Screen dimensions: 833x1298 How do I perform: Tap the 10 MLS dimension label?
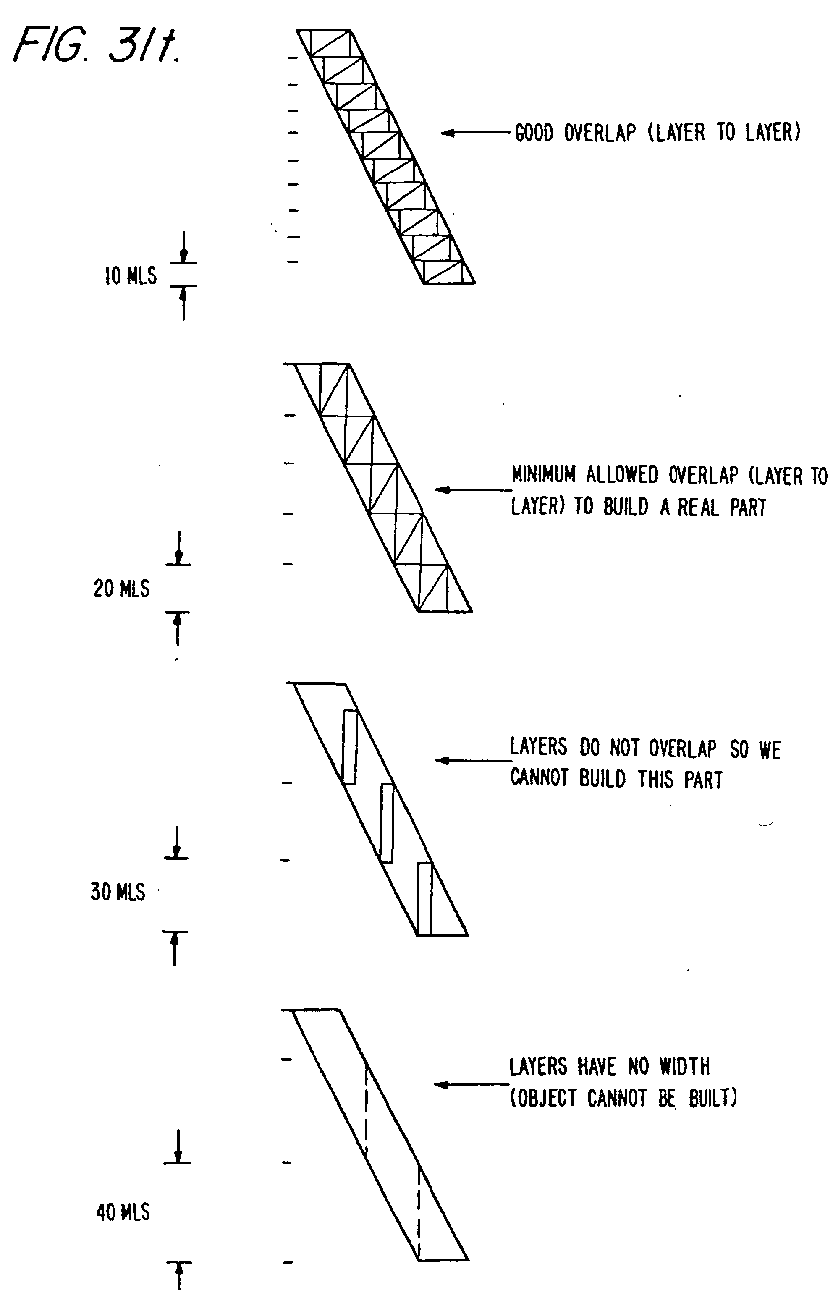130,276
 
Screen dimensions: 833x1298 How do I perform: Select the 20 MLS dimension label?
122,589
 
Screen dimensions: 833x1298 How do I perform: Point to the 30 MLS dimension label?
118,892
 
